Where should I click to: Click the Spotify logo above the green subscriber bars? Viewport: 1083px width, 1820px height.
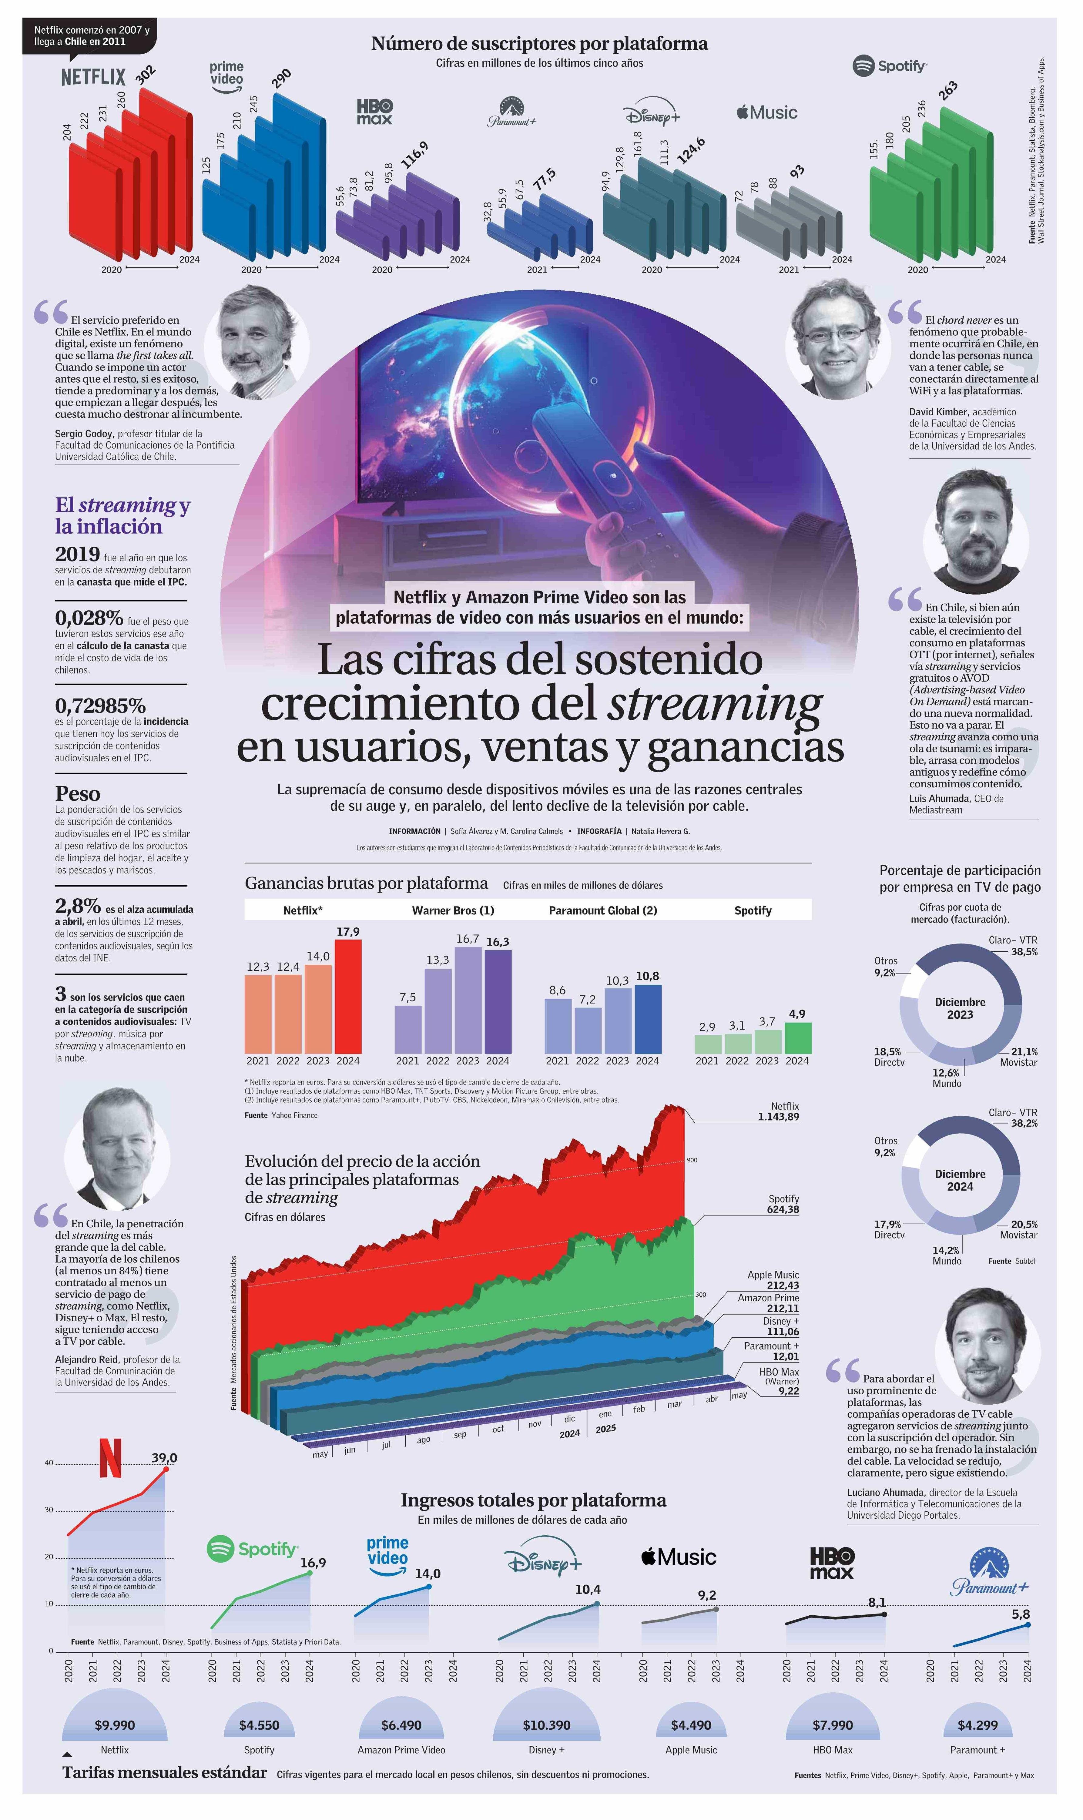tap(890, 66)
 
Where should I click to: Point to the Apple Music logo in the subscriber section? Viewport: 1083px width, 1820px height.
tap(766, 112)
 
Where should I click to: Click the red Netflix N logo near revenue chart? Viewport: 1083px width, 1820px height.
tap(110, 1459)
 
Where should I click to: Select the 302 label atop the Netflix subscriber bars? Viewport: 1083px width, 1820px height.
tap(146, 76)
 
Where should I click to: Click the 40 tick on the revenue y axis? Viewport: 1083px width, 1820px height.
tap(49, 1463)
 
